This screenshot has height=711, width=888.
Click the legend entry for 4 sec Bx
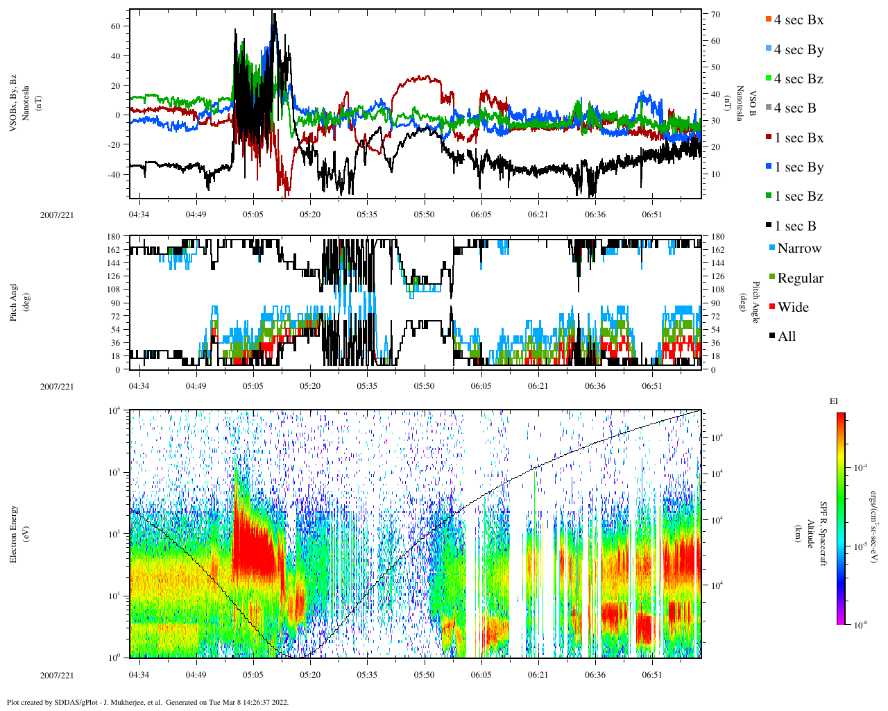pyautogui.click(x=799, y=20)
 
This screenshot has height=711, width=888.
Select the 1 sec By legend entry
pyautogui.click(x=799, y=167)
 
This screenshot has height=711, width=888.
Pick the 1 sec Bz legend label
pyautogui.click(x=799, y=196)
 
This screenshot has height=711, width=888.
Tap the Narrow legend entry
pyautogui.click(x=799, y=249)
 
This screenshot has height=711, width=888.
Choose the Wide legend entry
pyautogui.click(x=793, y=307)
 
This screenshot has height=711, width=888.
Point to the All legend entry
pyautogui.click(x=786, y=337)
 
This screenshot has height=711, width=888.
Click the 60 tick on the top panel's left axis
pyautogui.click(x=115, y=26)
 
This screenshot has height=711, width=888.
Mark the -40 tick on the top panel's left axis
pyautogui.click(x=113, y=174)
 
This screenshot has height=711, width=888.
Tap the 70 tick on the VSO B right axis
pyautogui.click(x=715, y=15)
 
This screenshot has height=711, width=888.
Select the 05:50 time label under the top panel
pyautogui.click(x=425, y=215)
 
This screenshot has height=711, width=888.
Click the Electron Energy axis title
pyautogui.click(x=14, y=533)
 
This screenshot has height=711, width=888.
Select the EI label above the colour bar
pyautogui.click(x=834, y=401)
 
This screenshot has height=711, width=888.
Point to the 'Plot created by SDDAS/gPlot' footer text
pyautogui.click(x=147, y=702)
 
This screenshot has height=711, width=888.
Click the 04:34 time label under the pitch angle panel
pyautogui.click(x=139, y=387)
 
